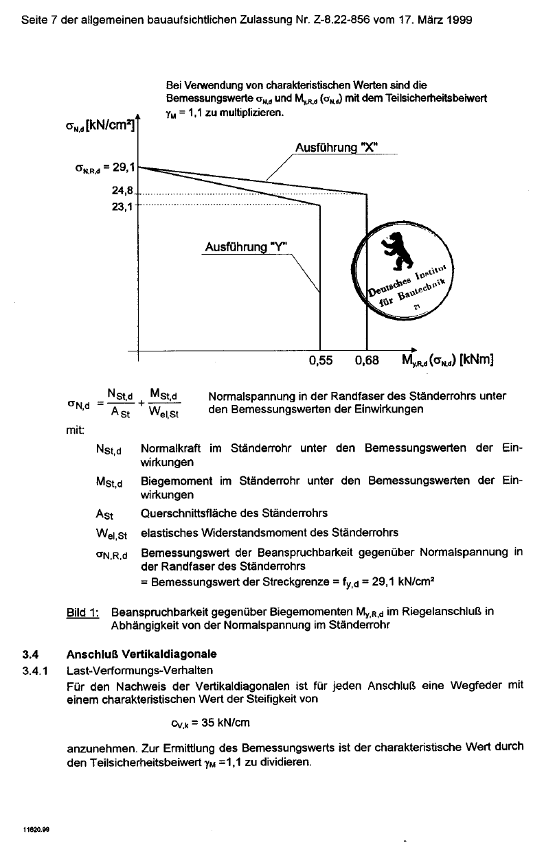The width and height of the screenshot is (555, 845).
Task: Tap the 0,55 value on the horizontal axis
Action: (x=321, y=360)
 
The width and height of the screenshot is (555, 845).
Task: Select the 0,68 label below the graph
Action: (x=367, y=360)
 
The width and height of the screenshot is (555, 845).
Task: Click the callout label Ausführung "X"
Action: (x=337, y=148)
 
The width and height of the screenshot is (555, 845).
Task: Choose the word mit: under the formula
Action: (x=75, y=431)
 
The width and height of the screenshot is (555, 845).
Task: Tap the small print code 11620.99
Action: (x=35, y=829)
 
